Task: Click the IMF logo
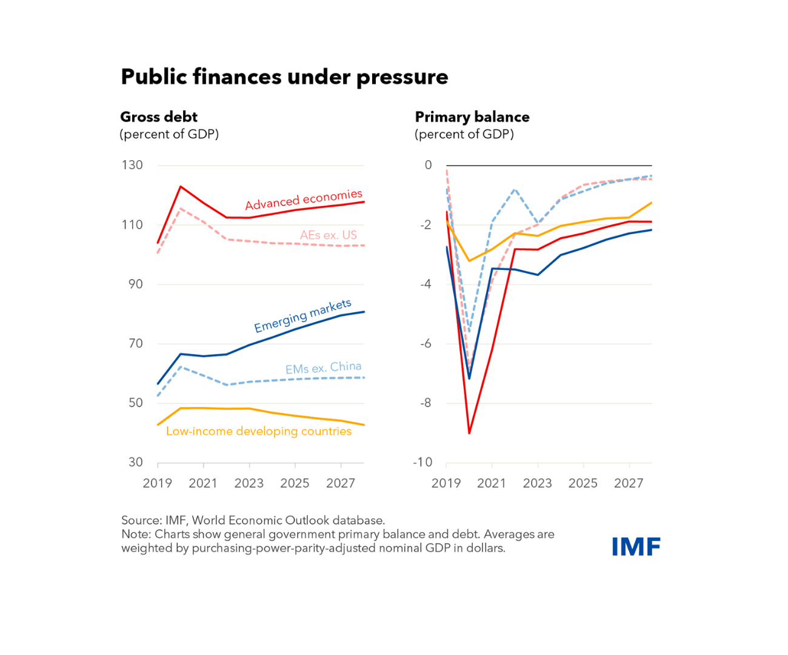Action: (635, 546)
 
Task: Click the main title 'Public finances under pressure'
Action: (284, 77)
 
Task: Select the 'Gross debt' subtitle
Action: (159, 116)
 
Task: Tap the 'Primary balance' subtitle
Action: (472, 116)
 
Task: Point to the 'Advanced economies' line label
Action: (304, 200)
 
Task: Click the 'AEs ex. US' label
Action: (329, 235)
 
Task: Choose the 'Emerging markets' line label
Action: (302, 315)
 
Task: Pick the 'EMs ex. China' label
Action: (323, 368)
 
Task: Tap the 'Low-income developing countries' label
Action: (259, 431)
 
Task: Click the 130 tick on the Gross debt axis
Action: (132, 165)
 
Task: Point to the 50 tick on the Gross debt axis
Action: (136, 403)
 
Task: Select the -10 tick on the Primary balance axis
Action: (422, 462)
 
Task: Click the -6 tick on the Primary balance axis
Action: (426, 343)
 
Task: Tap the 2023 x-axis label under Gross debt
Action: (249, 483)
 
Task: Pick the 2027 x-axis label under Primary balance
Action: (629, 483)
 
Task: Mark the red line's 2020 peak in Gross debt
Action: (181, 187)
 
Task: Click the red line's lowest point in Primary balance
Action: (469, 433)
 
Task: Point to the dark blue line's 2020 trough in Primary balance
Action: (469, 378)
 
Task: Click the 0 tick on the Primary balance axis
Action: (429, 165)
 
